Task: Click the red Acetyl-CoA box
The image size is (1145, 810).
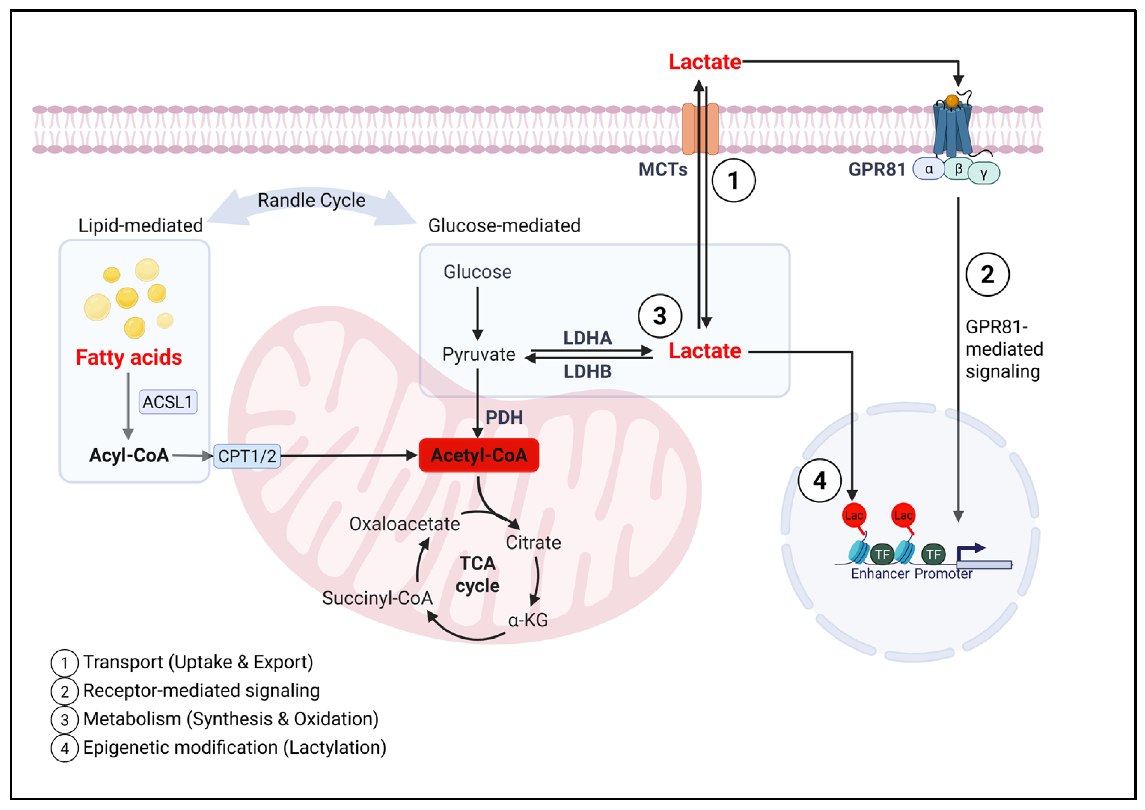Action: pyautogui.click(x=478, y=455)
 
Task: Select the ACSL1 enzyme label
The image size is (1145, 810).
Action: pyautogui.click(x=168, y=401)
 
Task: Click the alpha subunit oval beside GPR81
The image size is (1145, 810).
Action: pyautogui.click(x=928, y=169)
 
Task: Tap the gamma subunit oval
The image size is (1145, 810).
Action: pyautogui.click(x=983, y=174)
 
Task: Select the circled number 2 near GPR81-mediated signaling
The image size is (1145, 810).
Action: pyautogui.click(x=987, y=274)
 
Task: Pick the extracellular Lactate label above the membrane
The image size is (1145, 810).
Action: pyautogui.click(x=704, y=62)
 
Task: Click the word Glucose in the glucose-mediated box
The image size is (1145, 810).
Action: pyautogui.click(x=477, y=272)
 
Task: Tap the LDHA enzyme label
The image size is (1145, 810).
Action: pyautogui.click(x=587, y=338)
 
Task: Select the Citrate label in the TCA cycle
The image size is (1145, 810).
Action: pyautogui.click(x=533, y=542)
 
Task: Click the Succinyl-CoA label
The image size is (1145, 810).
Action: pyautogui.click(x=377, y=598)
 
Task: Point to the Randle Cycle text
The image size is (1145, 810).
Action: pyautogui.click(x=311, y=200)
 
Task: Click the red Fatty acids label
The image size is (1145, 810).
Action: pyautogui.click(x=129, y=357)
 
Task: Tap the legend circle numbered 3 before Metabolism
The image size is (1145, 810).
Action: pyautogui.click(x=64, y=720)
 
